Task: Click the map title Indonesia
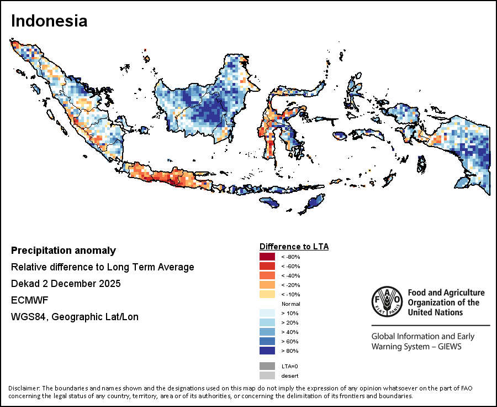(49, 21)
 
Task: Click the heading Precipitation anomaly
(64, 251)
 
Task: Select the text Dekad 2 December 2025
(66, 284)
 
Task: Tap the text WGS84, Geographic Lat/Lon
(75, 317)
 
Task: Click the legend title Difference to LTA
(294, 246)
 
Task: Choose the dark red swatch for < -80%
(267, 257)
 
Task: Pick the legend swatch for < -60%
(267, 266)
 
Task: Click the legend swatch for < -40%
(267, 275)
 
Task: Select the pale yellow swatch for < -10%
(267, 294)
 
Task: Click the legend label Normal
(290, 304)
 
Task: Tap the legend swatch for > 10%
(267, 313)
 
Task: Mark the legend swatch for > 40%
(267, 332)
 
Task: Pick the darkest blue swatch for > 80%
(267, 351)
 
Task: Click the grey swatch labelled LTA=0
(267, 366)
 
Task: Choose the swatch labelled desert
(267, 376)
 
